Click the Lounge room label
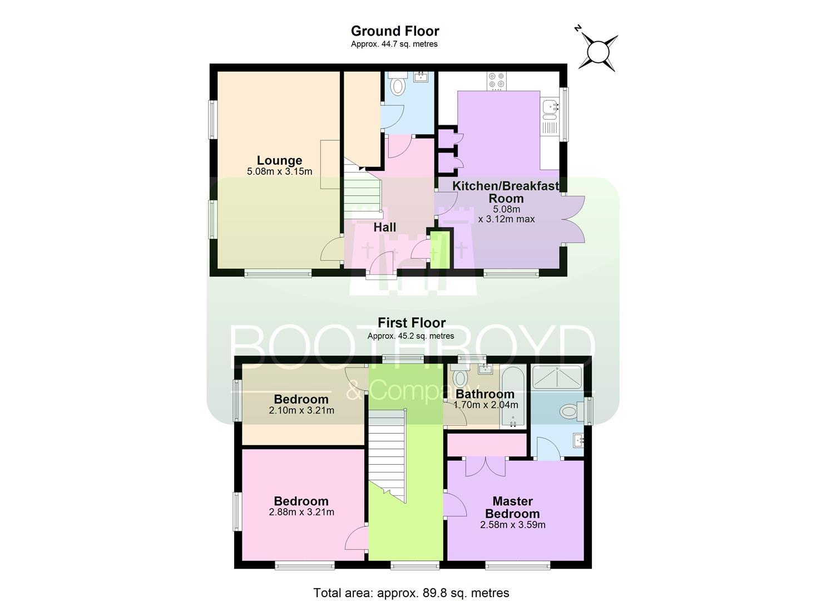tap(279, 160)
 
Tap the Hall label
tap(384, 227)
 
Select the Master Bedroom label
tap(512, 508)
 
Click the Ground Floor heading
tap(395, 31)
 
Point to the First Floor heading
tap(412, 323)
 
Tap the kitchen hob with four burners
tap(496, 81)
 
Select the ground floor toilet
tap(398, 84)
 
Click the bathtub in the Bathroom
tap(512, 397)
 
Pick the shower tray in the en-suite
tap(557, 377)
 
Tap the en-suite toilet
tap(571, 411)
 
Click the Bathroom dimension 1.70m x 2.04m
tap(485, 405)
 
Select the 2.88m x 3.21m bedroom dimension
tap(301, 512)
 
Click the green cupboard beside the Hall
tap(440, 250)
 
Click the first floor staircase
tap(387, 456)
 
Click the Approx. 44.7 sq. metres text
tap(394, 45)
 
